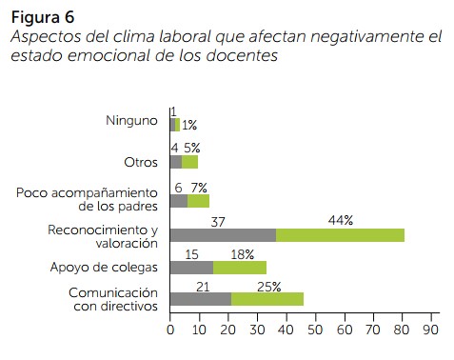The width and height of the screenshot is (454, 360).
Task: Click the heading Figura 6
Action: [43, 17]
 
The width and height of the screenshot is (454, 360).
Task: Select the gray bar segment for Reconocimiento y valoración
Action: [223, 235]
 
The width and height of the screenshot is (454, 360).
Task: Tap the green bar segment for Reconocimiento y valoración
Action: [340, 235]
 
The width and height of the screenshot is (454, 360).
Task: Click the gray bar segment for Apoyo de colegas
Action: [191, 268]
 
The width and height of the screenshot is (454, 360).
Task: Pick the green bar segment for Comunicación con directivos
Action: [267, 299]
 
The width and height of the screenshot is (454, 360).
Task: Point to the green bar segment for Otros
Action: [189, 162]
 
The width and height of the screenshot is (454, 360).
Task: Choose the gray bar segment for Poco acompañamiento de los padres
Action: [179, 201]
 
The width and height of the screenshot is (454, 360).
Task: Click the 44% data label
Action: [341, 220]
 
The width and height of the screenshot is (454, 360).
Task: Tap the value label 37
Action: [218, 222]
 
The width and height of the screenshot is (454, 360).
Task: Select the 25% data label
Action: [269, 287]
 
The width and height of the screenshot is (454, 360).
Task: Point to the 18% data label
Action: [243, 254]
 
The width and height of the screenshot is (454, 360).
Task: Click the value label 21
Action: [203, 287]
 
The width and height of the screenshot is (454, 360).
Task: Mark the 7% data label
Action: [199, 188]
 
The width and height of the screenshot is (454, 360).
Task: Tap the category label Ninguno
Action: [131, 121]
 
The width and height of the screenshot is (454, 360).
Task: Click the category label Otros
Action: [141, 163]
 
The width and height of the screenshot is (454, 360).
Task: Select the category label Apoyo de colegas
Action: [104, 268]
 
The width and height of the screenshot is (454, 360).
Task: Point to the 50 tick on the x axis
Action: [315, 330]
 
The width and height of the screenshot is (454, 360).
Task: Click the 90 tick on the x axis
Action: [431, 330]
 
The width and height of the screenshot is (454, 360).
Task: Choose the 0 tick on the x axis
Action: [170, 330]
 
